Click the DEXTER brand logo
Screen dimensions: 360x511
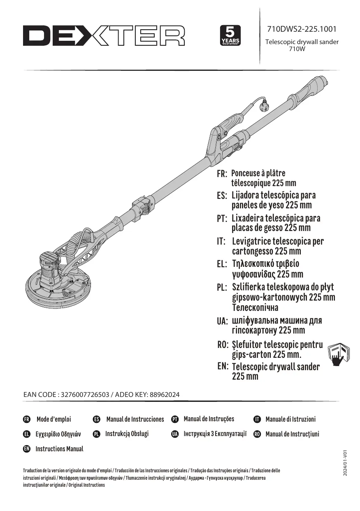[104, 36]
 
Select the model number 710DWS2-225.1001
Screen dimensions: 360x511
[302, 30]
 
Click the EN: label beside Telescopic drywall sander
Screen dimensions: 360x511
[223, 366]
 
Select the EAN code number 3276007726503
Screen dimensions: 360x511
[85, 394]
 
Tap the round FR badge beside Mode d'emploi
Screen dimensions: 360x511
[27, 419]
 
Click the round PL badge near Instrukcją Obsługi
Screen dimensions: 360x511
[97, 434]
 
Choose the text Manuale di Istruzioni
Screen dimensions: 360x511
[290, 419]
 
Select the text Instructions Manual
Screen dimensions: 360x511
[59, 449]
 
